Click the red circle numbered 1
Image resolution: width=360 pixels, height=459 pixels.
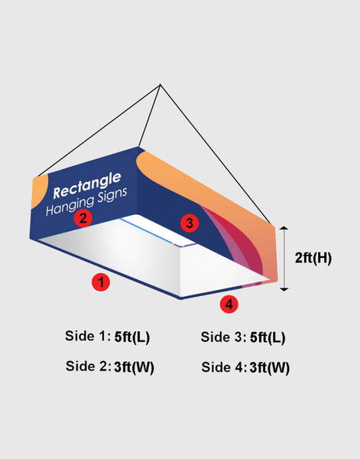pos(99,282)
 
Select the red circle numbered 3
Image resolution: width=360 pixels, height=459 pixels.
pos(190,223)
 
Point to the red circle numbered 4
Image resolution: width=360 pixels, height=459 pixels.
pos(229,304)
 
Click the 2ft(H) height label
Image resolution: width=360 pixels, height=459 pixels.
pos(313,258)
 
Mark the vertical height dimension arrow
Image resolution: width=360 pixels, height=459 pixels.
pos(284,259)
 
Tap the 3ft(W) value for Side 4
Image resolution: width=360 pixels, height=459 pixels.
pos(269,367)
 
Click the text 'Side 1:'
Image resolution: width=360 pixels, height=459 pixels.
pos(88,337)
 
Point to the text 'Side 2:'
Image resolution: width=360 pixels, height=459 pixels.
pos(88,367)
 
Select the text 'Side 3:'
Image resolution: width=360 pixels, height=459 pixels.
pos(222,337)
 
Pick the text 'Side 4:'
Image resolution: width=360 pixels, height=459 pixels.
pos(223,367)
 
